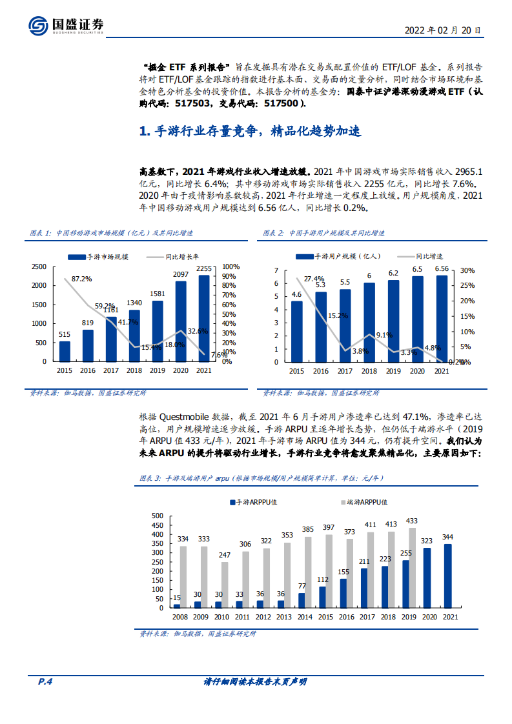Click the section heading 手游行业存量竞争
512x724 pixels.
coord(250,132)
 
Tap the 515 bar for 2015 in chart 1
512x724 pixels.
coord(65,351)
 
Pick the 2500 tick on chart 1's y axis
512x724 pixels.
coord(39,266)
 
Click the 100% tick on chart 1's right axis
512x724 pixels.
coord(231,266)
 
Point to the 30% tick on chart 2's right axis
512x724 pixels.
coord(467,270)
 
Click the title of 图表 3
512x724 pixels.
coord(261,478)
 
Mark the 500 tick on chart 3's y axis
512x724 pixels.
coord(156,516)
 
